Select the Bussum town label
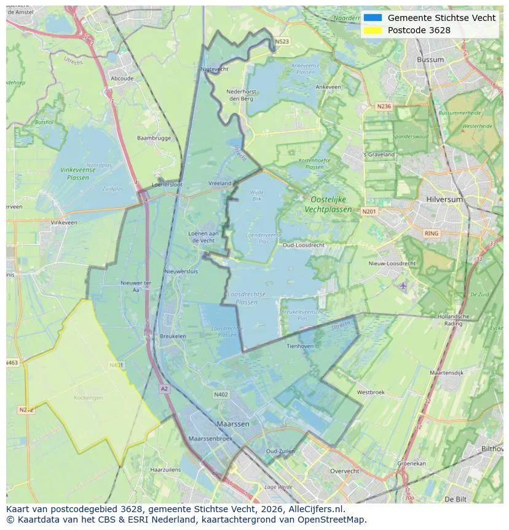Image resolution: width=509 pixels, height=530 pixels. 430,60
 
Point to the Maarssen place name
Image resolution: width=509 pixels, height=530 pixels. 232,424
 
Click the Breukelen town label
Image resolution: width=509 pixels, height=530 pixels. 173,336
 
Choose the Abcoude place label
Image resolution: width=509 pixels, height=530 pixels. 122,79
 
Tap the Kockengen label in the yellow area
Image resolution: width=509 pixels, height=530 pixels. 88,398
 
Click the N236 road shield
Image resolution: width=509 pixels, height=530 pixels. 384,106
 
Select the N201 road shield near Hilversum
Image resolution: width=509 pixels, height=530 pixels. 369,211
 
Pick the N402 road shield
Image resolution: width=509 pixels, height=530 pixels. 221,395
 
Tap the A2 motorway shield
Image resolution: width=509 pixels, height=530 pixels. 164,388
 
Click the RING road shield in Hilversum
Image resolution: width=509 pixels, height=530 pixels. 432,233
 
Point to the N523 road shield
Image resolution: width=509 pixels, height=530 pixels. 282,42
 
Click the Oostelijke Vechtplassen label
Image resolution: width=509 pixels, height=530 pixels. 328,204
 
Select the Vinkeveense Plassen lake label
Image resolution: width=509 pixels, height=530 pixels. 77,174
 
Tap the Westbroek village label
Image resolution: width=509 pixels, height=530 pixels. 370,392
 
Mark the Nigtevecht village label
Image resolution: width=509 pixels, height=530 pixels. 215,70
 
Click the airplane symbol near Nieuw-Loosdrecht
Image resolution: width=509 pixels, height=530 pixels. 403,286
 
